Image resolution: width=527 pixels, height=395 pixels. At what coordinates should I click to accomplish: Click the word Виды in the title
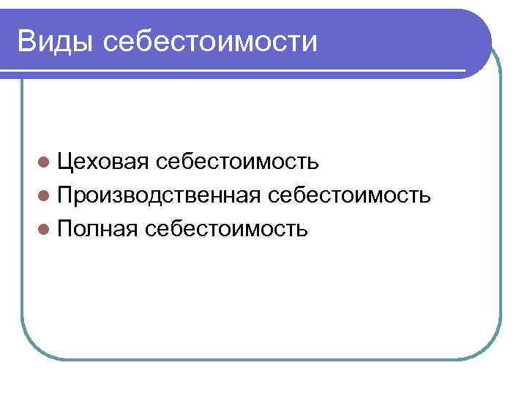coord(56,41)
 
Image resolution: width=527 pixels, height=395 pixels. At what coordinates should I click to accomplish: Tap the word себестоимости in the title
coord(211,42)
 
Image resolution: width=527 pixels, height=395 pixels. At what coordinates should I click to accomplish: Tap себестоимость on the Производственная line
coord(349,195)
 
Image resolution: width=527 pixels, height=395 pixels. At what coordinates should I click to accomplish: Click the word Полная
coord(97,230)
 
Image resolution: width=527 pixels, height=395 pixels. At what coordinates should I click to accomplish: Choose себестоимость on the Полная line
coord(227,230)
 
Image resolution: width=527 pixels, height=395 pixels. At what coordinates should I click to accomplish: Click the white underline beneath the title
coord(234,71)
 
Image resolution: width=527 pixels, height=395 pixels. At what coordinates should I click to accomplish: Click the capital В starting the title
coord(29,41)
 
